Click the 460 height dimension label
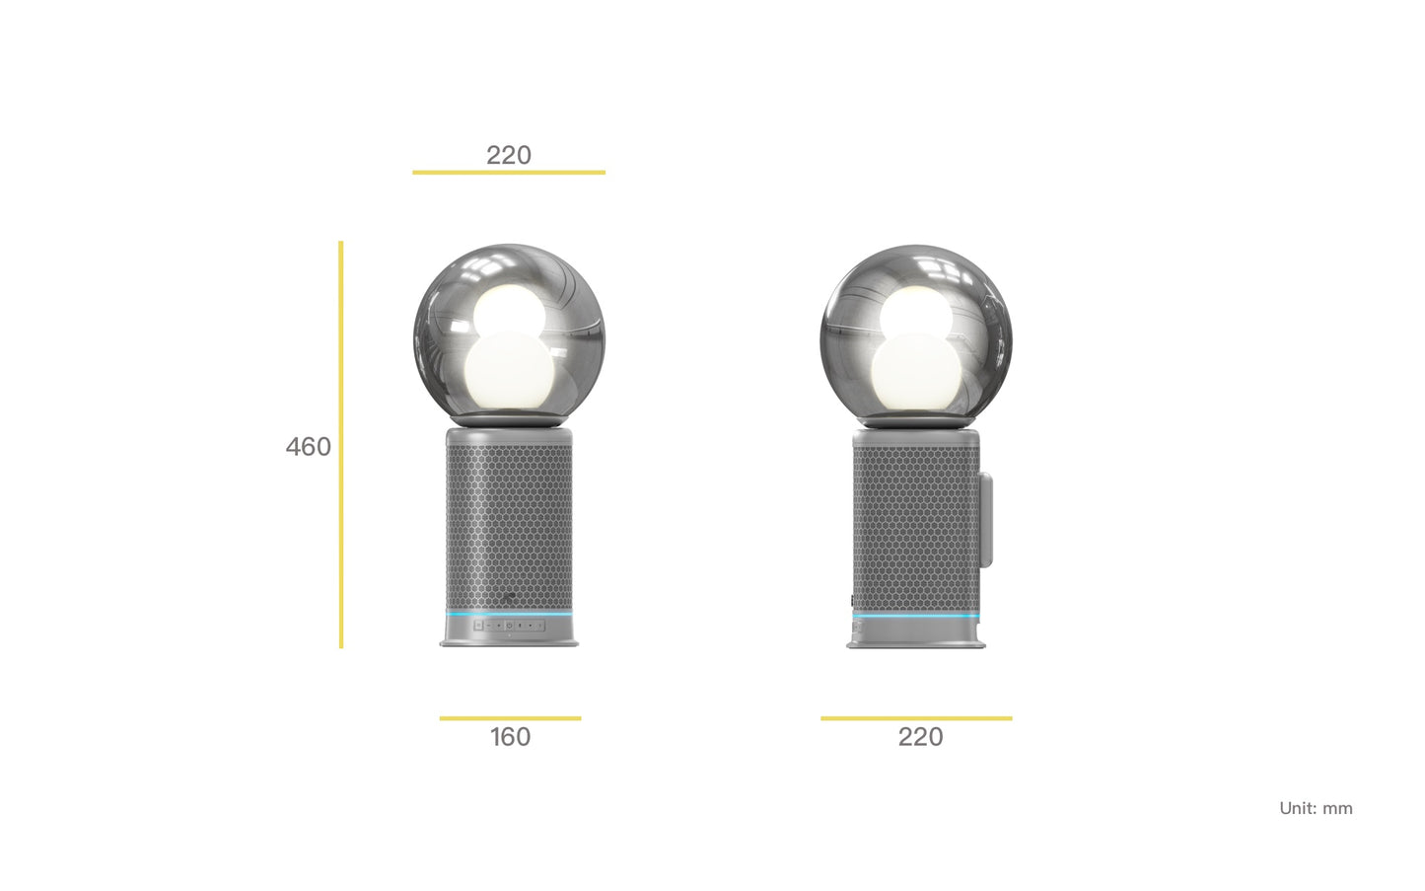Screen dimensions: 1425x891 click(x=309, y=447)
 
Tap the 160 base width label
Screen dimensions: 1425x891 click(x=510, y=737)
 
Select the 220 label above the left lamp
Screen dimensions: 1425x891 click(x=509, y=155)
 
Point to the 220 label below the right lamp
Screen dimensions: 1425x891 click(x=920, y=737)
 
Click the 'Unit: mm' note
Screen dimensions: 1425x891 click(x=1317, y=808)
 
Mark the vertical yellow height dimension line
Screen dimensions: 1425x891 click(x=341, y=445)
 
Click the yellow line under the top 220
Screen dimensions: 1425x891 click(x=509, y=172)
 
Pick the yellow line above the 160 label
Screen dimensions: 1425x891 click(x=510, y=718)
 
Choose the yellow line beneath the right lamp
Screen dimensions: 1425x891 click(x=916, y=718)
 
